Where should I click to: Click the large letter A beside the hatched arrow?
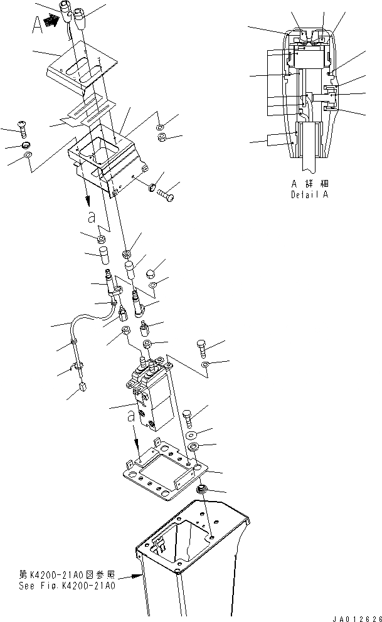click(36, 25)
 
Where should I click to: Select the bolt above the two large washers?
click(191, 416)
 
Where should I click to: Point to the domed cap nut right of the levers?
click(150, 273)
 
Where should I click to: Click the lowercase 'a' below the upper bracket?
click(92, 216)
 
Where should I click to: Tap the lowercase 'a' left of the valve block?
click(129, 416)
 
